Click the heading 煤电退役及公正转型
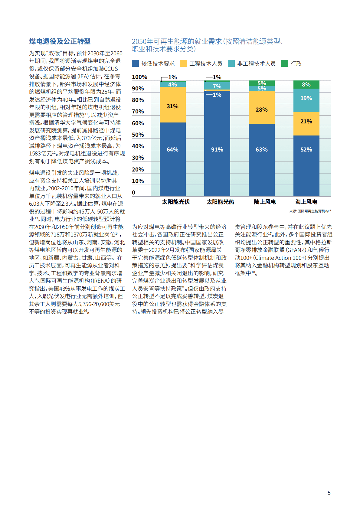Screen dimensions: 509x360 60,41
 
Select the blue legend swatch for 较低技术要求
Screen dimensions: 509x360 135,64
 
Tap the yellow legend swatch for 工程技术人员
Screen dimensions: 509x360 183,64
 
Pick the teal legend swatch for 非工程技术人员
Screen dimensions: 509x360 231,64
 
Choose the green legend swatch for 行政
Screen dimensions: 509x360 285,64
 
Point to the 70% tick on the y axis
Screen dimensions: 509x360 138,112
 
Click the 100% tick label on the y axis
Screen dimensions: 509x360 139,77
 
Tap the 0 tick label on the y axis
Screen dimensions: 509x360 134,193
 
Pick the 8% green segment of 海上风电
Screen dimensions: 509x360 306,85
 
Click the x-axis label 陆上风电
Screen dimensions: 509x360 265,202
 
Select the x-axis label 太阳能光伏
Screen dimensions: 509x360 175,202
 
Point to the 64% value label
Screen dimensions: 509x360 172,150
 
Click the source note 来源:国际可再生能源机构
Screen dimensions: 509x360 310,211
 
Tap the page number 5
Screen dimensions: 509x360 329,493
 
